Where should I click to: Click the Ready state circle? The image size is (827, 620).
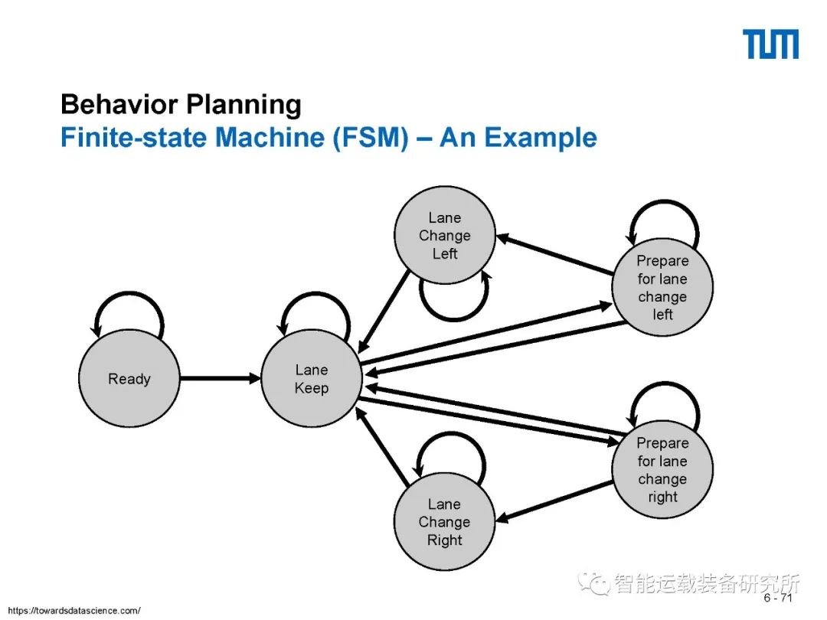point(129,379)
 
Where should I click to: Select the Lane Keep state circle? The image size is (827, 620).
point(311,379)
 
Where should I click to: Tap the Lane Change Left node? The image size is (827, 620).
point(444,236)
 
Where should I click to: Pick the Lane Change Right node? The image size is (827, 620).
point(444,522)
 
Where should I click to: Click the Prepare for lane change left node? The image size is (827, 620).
point(662,288)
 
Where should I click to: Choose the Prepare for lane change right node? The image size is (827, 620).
point(662,469)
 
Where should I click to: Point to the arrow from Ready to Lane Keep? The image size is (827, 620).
point(221,378)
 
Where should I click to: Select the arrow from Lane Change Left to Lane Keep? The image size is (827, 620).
point(385,310)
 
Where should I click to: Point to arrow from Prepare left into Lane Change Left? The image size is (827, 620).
point(555,254)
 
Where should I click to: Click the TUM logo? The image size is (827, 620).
point(770,44)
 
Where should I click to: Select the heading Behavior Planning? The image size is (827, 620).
point(181,105)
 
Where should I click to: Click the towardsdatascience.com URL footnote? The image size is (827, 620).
point(74,610)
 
